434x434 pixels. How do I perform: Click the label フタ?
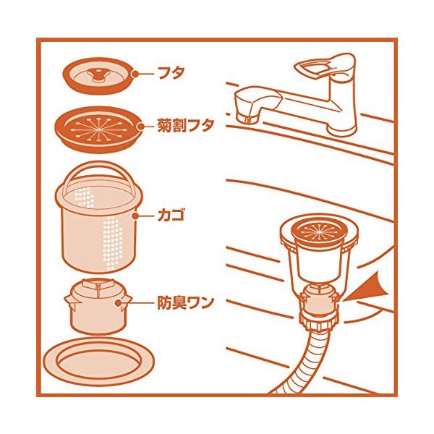coord(171,73)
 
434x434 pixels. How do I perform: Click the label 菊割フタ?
coord(186,125)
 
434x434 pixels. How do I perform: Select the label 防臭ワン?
coord(186,302)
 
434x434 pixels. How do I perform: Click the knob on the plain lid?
coord(97,75)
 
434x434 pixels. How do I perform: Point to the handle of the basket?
coord(99,169)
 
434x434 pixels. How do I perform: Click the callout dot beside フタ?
coord(135,74)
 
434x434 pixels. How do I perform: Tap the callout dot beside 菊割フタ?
coord(141,127)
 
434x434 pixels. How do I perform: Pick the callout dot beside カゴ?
coord(135,216)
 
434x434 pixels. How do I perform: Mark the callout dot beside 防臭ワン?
coord(118,303)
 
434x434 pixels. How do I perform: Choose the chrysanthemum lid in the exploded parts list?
coord(99,129)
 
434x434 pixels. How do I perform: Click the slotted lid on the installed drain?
coord(318,230)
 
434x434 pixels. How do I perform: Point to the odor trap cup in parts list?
coord(99,307)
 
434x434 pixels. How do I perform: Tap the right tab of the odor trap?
coord(128,301)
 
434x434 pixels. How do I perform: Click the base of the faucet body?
coord(342,129)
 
